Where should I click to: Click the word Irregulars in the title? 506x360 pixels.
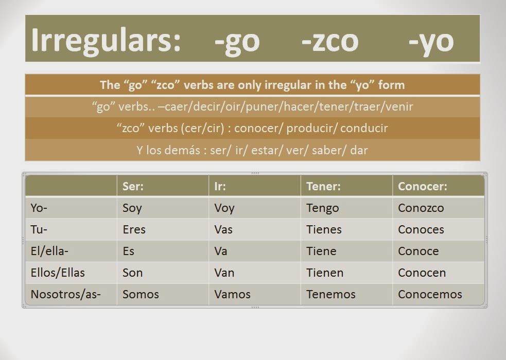[x=106, y=40]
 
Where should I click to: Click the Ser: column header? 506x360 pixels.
[x=133, y=186]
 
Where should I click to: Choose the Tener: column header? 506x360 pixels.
[x=323, y=186]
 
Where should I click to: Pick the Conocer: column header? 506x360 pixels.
[x=422, y=186]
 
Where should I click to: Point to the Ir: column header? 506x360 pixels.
[x=220, y=186]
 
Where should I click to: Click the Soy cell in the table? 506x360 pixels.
[x=132, y=208]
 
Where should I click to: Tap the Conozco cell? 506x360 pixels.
[x=421, y=208]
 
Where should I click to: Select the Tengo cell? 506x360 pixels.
[x=322, y=208]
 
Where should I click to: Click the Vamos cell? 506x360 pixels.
[x=232, y=294]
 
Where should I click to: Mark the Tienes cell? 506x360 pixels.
[x=324, y=229]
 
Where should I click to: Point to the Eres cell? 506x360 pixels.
[x=134, y=229]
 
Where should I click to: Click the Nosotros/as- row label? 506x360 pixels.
[x=65, y=294]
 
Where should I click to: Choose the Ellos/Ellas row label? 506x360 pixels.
[x=58, y=273]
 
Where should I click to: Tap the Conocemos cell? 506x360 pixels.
[x=430, y=294]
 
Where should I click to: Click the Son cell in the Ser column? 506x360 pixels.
[x=132, y=273]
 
